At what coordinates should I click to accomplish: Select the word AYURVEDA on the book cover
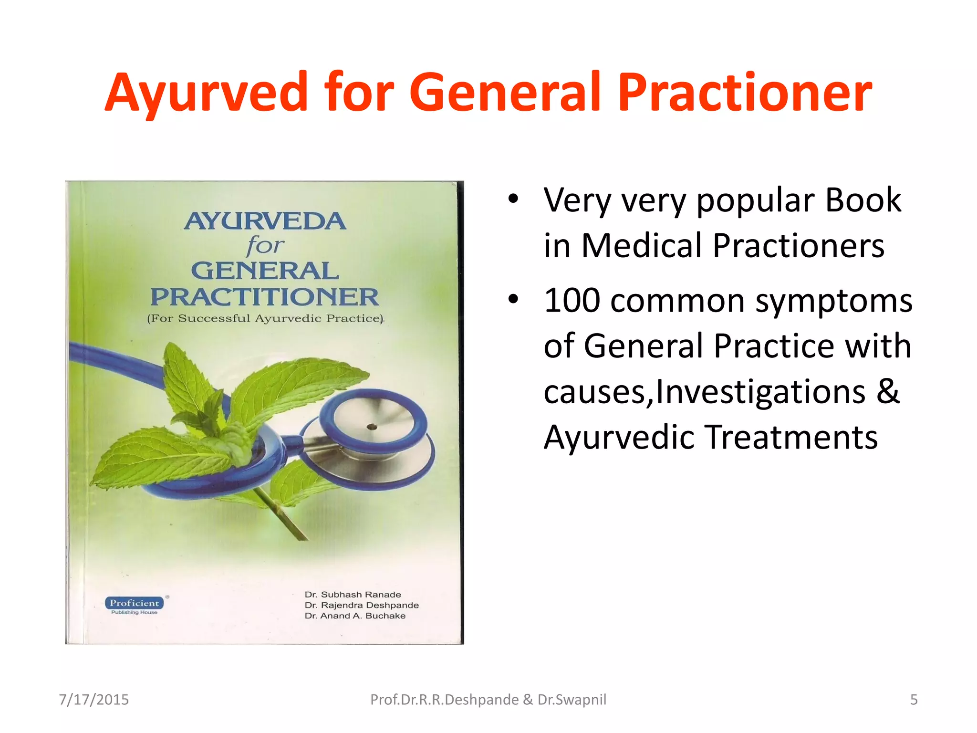coord(265,221)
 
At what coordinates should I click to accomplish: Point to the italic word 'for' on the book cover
coord(265,246)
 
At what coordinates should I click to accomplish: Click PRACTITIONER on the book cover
coord(265,297)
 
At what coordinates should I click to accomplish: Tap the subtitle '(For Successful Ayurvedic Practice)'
coord(265,318)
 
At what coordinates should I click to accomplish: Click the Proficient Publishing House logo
coord(135,605)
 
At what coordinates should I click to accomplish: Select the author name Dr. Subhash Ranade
coord(353,595)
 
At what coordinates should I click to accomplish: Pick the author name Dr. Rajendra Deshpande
coord(362,605)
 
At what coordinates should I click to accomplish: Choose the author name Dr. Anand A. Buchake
coord(355,616)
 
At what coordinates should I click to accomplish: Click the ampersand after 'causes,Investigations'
coord(888,391)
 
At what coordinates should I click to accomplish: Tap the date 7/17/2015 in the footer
coord(94,700)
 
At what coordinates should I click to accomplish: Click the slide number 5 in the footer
coord(914,700)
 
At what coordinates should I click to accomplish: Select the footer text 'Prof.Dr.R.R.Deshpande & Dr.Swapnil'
coord(488,700)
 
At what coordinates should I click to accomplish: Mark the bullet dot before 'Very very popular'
coord(513,199)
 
